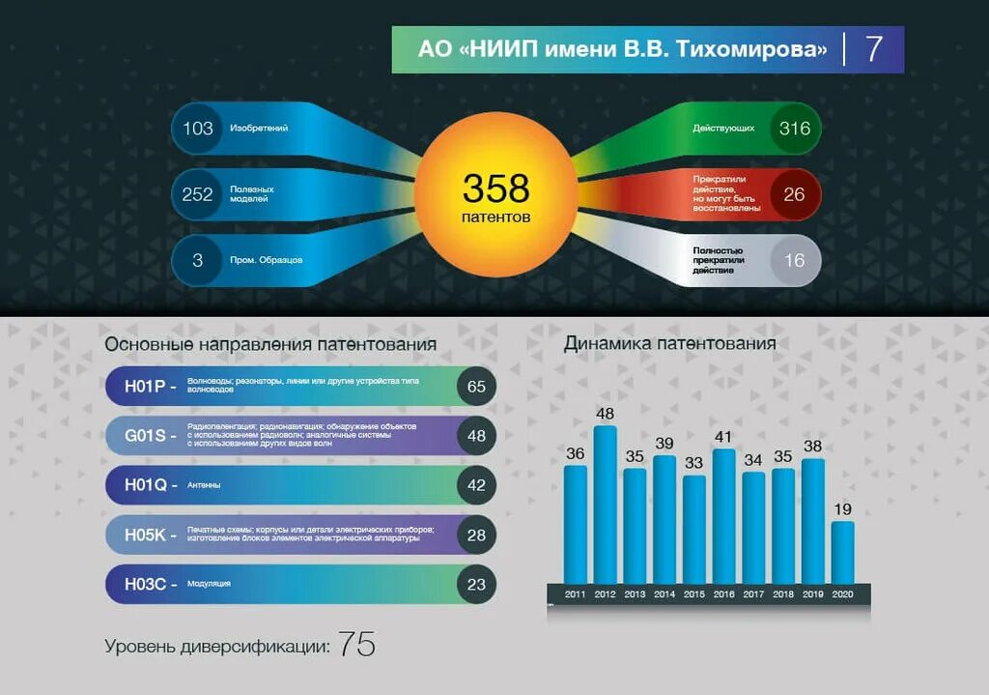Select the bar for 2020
point(842,553)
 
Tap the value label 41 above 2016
point(723,437)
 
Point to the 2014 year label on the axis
point(664,594)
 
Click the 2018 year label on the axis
point(783,594)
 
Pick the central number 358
point(495,188)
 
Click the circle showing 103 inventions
point(198,129)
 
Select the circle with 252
point(198,194)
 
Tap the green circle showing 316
point(795,129)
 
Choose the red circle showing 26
point(794,194)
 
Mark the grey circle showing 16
point(794,260)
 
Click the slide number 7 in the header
point(874,49)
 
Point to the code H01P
point(145,387)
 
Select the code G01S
point(145,436)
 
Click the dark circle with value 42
point(476,485)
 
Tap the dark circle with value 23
point(476,584)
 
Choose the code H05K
point(145,535)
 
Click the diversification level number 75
point(356,646)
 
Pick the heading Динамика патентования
point(669,343)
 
